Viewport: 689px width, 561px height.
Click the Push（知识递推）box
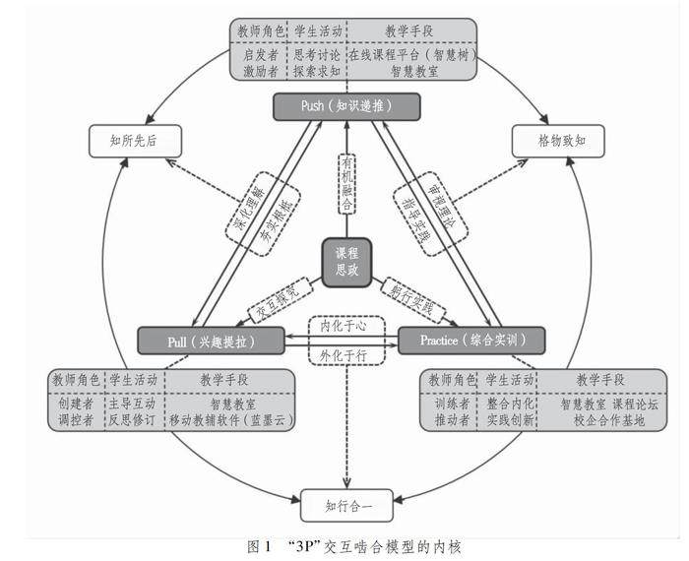[x=345, y=105]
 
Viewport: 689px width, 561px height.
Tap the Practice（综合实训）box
[x=470, y=341]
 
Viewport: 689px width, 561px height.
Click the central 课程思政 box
[x=345, y=262]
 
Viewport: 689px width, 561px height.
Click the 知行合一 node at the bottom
[x=345, y=507]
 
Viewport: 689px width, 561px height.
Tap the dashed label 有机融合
[x=346, y=182]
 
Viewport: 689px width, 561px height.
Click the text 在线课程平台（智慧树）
[x=410, y=54]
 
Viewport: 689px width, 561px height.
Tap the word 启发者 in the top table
[x=261, y=54]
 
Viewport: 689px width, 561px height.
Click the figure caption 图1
[x=260, y=546]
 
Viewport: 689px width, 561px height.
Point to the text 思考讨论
[x=317, y=54]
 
